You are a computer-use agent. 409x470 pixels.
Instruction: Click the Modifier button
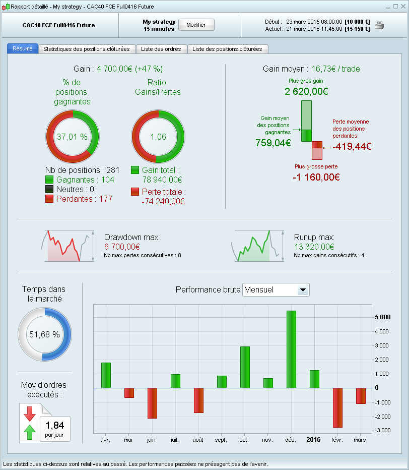click(196, 25)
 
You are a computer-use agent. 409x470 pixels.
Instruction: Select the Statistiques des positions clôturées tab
click(87, 49)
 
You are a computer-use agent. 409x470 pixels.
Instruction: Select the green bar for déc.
click(291, 349)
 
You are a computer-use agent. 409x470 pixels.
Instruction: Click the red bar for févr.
click(337, 407)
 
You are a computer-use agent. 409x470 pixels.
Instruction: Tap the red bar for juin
click(152, 403)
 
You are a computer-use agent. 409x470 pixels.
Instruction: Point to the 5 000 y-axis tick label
click(382, 317)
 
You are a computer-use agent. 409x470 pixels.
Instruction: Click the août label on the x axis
click(198, 440)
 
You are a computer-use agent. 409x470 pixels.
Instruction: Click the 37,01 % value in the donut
click(72, 137)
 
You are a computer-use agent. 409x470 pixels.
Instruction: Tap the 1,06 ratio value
click(158, 137)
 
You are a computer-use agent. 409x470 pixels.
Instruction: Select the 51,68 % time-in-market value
click(44, 334)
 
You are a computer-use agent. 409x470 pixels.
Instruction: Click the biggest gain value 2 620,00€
click(306, 92)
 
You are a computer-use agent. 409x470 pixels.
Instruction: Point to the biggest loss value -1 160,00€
click(316, 177)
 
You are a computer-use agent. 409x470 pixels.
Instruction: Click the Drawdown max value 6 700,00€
click(122, 247)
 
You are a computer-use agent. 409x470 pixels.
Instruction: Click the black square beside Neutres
click(49, 190)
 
